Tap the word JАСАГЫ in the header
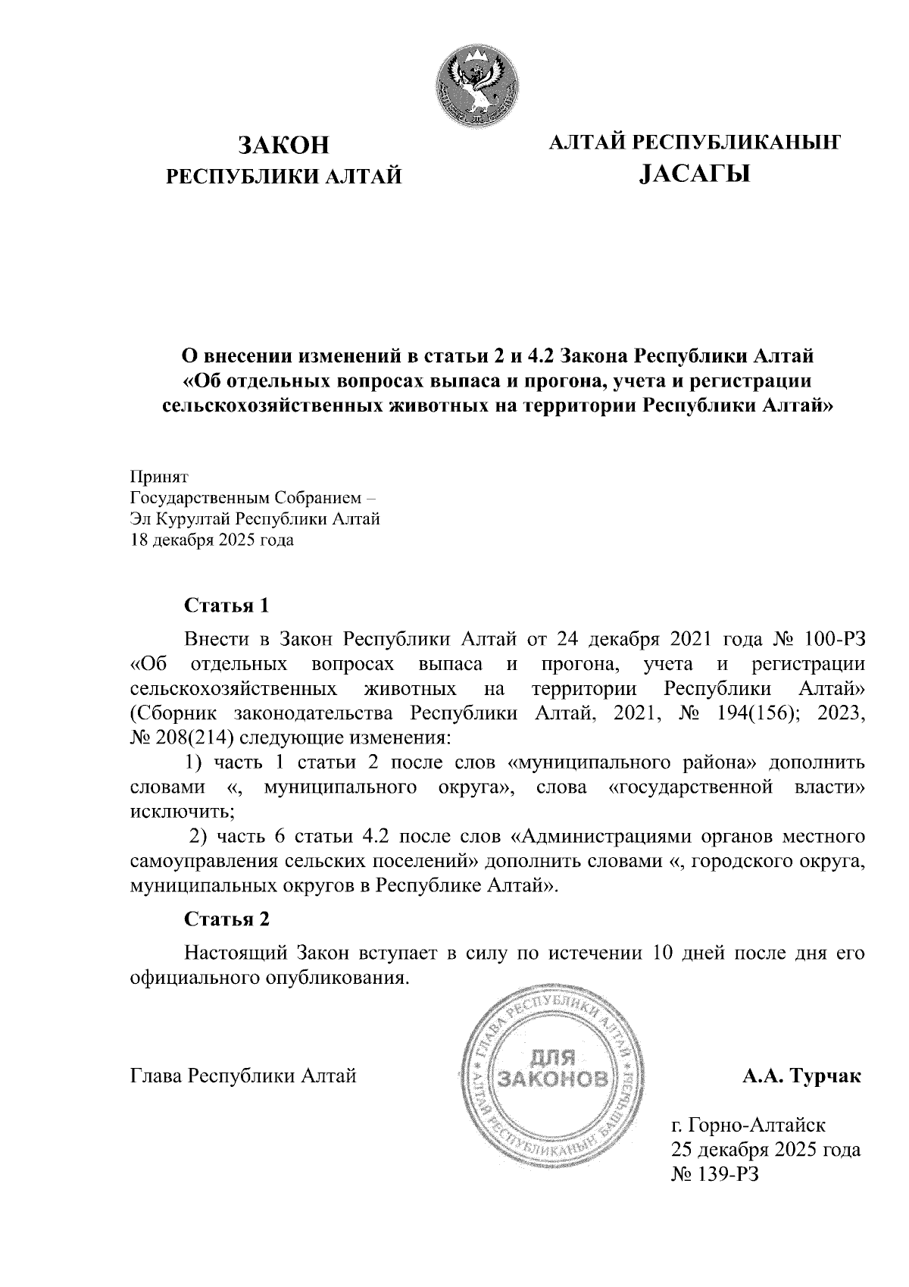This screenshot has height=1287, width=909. [x=694, y=175]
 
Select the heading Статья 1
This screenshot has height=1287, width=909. [x=227, y=606]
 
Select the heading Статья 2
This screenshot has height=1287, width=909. [x=227, y=919]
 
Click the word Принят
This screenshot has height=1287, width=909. [x=159, y=477]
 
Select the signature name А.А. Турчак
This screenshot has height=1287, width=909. [x=801, y=1076]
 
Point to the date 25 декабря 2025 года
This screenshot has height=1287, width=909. [x=766, y=1149]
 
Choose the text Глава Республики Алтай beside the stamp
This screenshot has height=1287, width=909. [x=243, y=1076]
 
